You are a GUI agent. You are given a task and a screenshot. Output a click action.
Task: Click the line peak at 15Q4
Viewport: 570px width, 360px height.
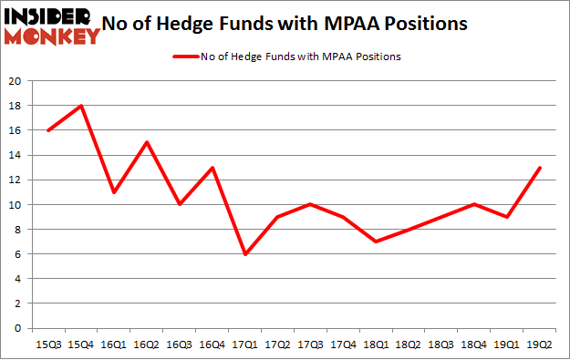click(x=81, y=106)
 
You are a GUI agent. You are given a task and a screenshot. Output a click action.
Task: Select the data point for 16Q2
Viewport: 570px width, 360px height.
click(x=146, y=142)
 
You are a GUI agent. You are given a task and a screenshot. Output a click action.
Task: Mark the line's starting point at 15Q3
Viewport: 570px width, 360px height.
click(x=48, y=130)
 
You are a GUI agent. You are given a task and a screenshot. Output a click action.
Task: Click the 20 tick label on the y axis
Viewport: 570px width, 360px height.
click(x=16, y=81)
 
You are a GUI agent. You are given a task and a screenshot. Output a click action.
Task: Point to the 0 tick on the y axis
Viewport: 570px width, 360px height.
click(x=18, y=328)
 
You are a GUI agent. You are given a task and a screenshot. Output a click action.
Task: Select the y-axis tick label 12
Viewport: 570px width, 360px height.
click(x=16, y=180)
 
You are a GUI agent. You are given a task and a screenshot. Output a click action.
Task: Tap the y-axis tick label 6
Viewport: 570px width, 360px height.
click(x=18, y=254)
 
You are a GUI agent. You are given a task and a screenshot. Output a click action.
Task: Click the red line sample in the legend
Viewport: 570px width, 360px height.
click(x=189, y=57)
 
